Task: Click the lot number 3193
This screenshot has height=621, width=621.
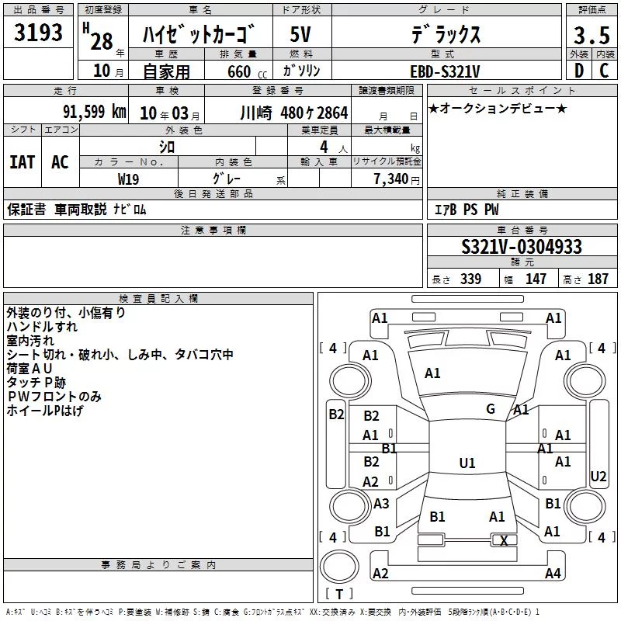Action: pos(38,33)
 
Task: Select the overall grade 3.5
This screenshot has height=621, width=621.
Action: pos(592,35)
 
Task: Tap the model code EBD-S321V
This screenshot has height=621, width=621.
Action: pos(445,71)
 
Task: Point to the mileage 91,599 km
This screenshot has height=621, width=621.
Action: pos(95,112)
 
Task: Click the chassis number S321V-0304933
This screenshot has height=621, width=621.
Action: pos(522,247)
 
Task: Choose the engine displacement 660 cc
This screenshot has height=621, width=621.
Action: pos(247,71)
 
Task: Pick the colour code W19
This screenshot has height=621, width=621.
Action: pos(128,179)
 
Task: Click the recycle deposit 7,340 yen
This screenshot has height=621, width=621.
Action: pos(397,179)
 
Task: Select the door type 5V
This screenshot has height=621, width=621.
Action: pos(300,34)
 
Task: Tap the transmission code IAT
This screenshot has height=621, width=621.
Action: pos(23,162)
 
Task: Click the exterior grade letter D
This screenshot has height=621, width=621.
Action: pos(579,71)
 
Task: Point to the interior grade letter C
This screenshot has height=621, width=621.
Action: pos(604,71)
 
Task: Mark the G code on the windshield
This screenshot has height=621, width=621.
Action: pos(491,409)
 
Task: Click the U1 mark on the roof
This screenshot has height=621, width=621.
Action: pos(467,463)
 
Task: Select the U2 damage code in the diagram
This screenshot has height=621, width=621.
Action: pos(598,477)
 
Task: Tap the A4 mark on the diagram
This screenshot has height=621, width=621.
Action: pos(553,573)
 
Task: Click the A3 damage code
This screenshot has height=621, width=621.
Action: pos(381,503)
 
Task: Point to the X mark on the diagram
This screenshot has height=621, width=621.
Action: pos(504,540)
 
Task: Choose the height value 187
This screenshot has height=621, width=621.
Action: pos(598,279)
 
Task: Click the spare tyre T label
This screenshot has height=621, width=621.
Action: pos(339,594)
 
